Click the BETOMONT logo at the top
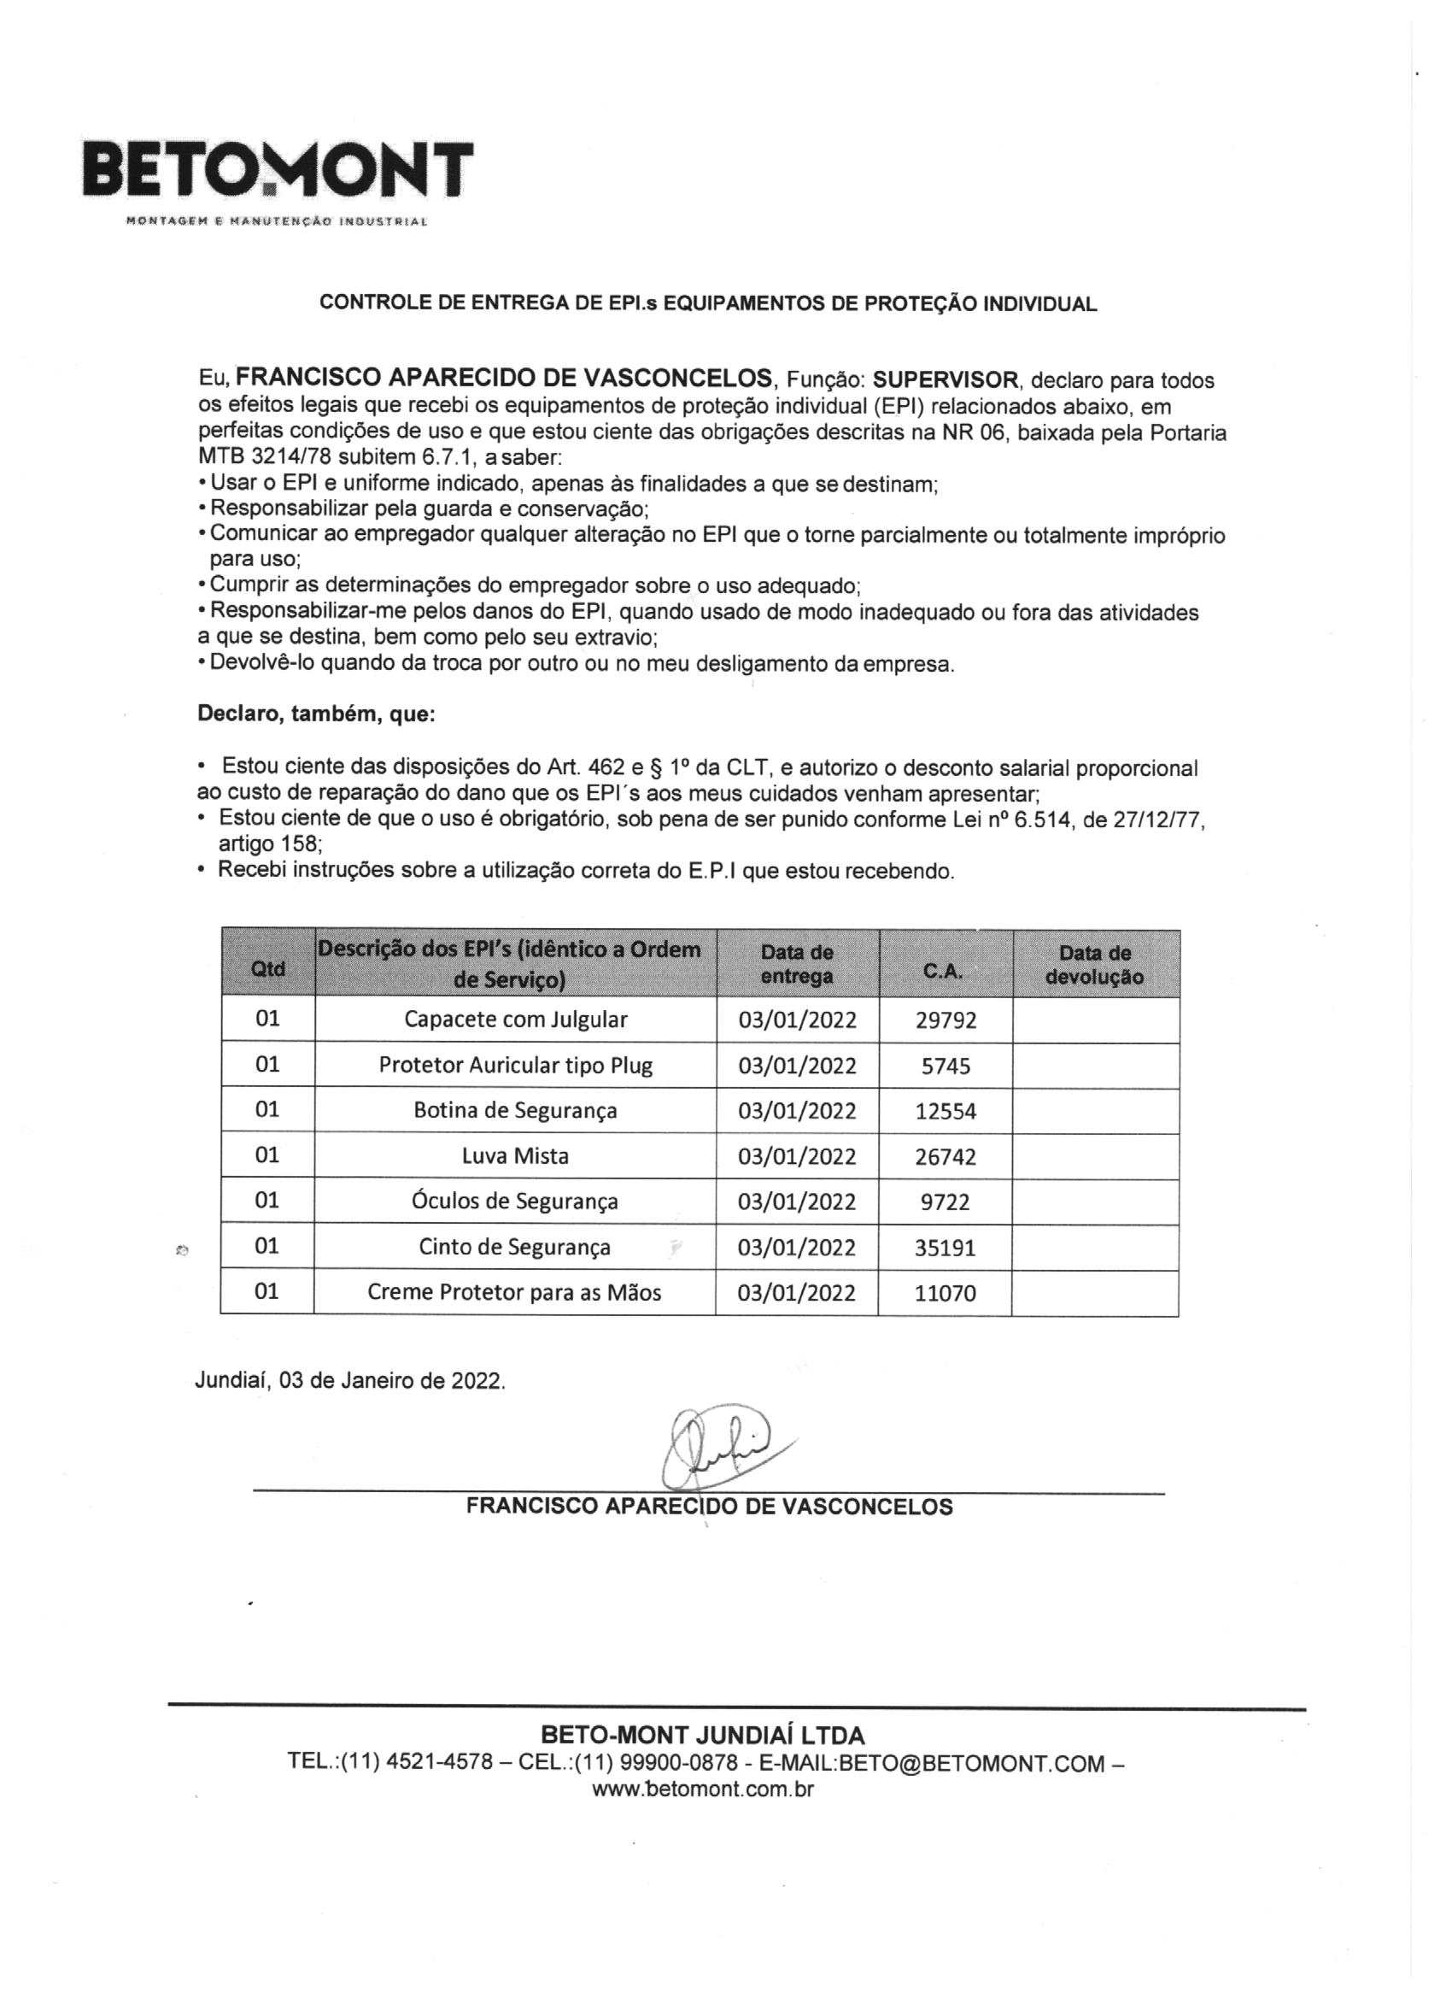click(x=278, y=169)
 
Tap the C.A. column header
click(x=943, y=972)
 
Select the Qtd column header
click(x=267, y=968)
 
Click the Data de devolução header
click(x=1094, y=965)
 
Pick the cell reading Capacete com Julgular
click(x=515, y=1020)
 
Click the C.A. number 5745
click(x=946, y=1066)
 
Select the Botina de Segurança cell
click(x=515, y=1110)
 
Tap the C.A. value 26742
click(x=946, y=1157)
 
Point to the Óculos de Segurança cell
click(x=515, y=1201)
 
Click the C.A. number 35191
click(x=946, y=1248)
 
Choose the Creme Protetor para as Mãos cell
click(x=514, y=1292)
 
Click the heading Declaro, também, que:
click(x=316, y=714)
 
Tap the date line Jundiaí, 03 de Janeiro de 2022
click(x=350, y=1380)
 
